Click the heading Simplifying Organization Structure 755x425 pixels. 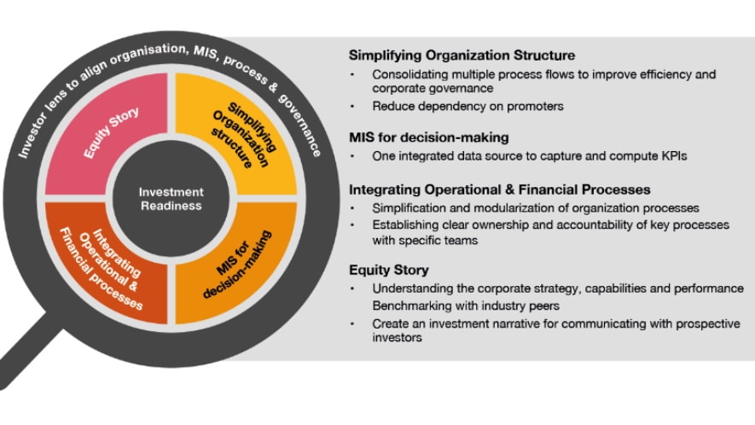coord(462,55)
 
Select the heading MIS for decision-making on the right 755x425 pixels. coord(429,137)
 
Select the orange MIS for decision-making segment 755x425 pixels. coord(234,264)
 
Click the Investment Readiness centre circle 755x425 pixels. coord(171,199)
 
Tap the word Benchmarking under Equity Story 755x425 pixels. coord(411,306)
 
